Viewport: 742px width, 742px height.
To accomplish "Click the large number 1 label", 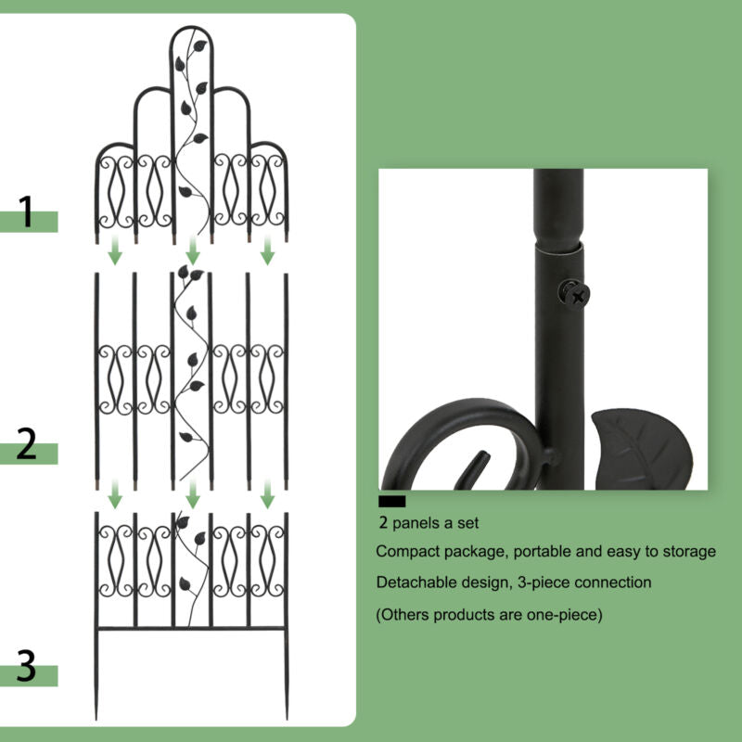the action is point(27,211).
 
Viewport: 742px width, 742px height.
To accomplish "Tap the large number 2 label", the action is point(27,443).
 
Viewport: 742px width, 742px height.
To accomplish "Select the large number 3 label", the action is point(27,665).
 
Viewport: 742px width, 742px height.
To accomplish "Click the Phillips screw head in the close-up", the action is point(574,295).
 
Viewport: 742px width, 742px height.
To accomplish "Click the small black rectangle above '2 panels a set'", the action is point(391,501).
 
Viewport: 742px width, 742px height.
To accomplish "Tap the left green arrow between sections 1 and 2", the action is point(115,250).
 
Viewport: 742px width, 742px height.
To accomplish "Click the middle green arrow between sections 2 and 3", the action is point(192,494).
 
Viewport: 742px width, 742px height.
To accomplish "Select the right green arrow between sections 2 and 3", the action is point(267,494).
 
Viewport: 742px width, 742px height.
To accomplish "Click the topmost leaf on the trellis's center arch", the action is point(199,45).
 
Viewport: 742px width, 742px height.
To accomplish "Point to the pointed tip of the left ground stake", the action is point(96,718).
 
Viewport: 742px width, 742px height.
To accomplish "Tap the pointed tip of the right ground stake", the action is point(287,718).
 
